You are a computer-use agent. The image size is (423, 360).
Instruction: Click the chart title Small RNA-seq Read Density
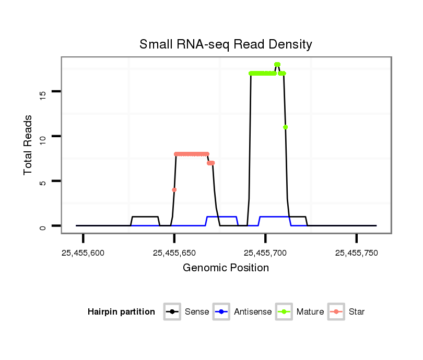click(x=226, y=44)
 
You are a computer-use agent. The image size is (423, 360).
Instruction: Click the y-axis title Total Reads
click(x=29, y=145)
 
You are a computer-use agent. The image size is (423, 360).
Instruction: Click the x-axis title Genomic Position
click(x=226, y=268)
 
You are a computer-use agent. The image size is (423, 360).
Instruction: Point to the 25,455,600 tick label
click(x=83, y=253)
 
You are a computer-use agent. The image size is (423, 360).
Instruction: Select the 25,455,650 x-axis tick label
click(x=174, y=253)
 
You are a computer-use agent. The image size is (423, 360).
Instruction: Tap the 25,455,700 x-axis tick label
click(x=265, y=253)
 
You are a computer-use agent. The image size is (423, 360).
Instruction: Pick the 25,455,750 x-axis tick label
click(x=357, y=253)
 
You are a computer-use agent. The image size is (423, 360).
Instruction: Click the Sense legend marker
click(x=172, y=312)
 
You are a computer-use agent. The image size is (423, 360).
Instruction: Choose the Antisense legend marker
click(x=221, y=312)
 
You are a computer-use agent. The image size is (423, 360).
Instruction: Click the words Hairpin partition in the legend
click(x=121, y=312)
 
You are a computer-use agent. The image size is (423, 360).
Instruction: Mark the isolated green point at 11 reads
click(x=285, y=127)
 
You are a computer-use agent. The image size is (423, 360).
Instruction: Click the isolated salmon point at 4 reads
click(x=174, y=190)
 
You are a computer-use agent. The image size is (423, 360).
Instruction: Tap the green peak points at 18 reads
click(x=277, y=65)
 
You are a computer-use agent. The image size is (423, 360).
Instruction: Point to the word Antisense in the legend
click(x=253, y=312)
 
